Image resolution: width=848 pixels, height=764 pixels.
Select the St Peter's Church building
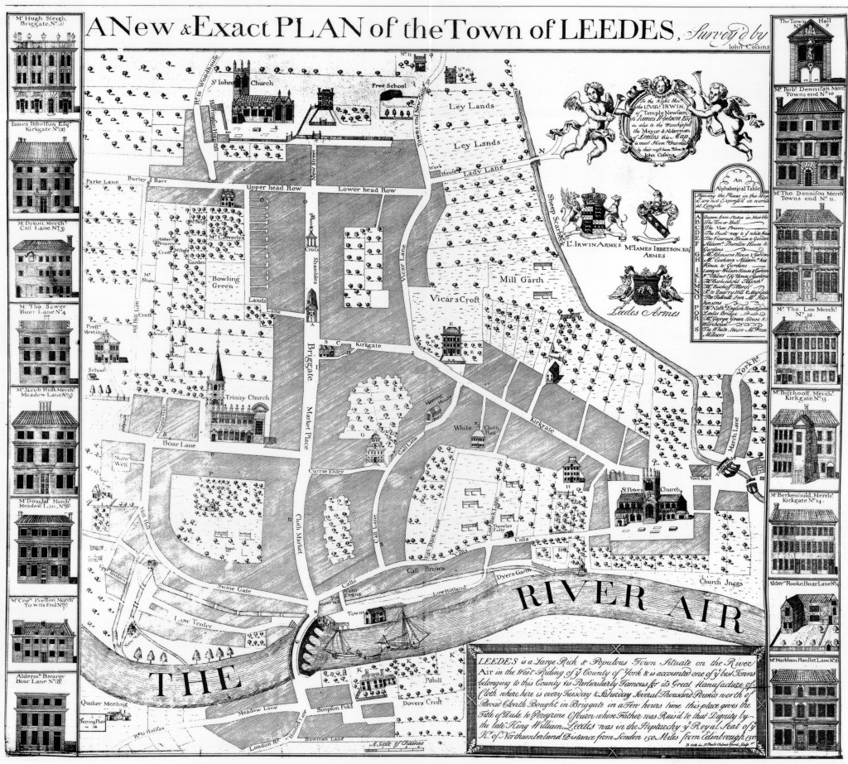click(648, 500)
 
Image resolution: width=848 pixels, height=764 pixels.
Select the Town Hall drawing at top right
click(809, 50)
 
